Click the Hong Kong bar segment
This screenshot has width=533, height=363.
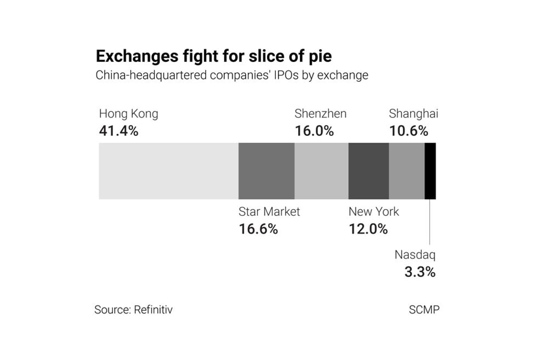tap(168, 171)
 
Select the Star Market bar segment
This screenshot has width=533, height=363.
tap(266, 171)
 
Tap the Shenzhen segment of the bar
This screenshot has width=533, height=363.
tap(321, 171)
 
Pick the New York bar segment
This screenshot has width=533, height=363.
tap(369, 171)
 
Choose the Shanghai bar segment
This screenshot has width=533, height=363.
tap(407, 171)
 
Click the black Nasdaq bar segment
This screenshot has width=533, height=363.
tap(430, 171)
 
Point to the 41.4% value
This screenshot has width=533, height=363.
tap(119, 131)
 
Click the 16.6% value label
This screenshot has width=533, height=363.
tap(258, 229)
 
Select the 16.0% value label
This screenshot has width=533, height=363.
tap(314, 131)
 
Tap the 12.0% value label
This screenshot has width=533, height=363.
tap(368, 229)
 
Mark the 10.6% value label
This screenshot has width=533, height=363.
tap(409, 131)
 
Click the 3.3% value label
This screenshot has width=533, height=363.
tap(420, 271)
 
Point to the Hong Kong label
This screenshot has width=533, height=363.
tap(129, 114)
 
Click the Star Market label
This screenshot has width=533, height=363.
tap(269, 212)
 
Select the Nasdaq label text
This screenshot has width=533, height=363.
tap(415, 255)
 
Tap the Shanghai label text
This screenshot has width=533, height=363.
tap(413, 114)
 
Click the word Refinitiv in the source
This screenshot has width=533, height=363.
tap(153, 310)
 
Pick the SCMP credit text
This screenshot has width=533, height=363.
tap(424, 310)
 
